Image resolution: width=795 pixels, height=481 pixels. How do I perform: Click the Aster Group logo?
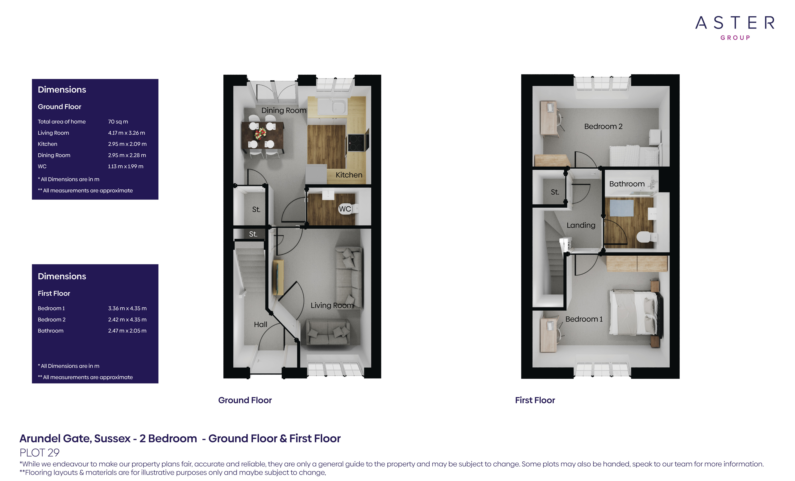(735, 27)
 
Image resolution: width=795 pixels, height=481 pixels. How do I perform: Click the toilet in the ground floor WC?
(354, 209)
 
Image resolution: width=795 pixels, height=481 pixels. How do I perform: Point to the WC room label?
(344, 209)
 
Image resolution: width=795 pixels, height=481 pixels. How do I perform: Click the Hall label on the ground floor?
(260, 324)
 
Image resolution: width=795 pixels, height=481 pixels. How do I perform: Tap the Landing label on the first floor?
(581, 225)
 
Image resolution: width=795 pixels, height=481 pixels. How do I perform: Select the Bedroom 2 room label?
(603, 126)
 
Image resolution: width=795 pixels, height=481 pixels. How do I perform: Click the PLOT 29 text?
(39, 453)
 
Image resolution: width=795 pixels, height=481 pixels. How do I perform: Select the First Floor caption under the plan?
(535, 400)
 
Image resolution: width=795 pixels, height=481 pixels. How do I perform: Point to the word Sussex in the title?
(112, 439)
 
